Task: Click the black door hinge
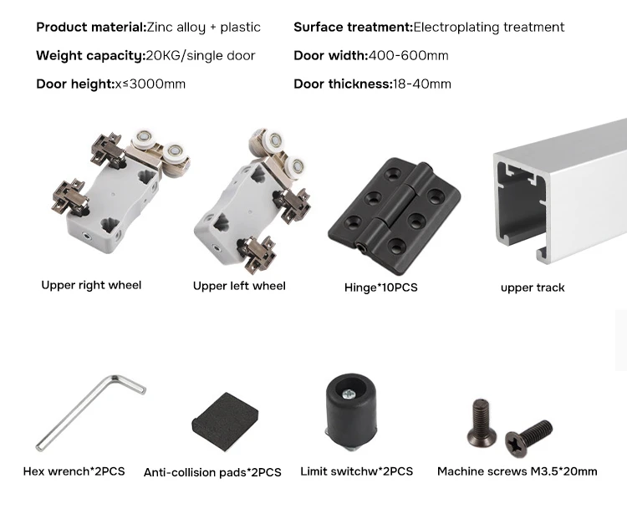coord(394,216)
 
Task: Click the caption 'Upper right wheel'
coord(91,285)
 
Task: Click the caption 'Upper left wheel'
coord(239,286)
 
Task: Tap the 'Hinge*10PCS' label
coord(380,288)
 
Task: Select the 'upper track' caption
coord(533,288)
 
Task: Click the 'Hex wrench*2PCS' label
coord(74,471)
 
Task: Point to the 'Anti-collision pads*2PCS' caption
coord(212,472)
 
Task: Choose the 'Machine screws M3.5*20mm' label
coord(517,471)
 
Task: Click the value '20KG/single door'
coord(201,55)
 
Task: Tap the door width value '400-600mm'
coord(408,55)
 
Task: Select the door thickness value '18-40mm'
coord(422,84)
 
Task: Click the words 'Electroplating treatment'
coord(489,28)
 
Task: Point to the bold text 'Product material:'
coord(92,28)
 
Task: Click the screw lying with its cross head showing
coord(528,438)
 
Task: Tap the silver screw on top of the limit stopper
coord(349,394)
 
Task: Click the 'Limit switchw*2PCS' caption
coord(357,471)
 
